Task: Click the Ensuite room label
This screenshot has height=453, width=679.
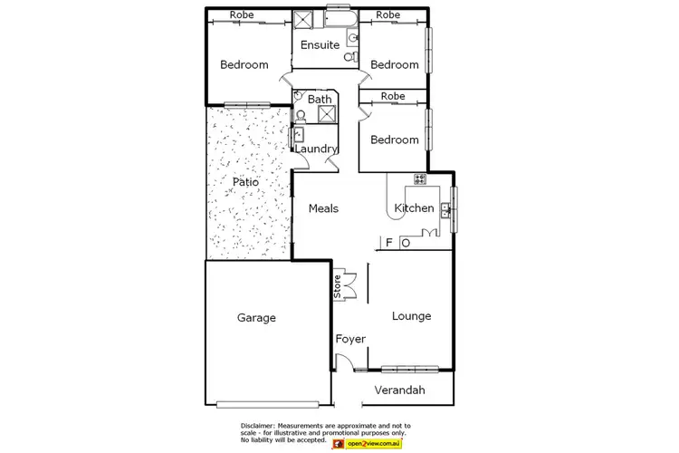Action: tap(320, 44)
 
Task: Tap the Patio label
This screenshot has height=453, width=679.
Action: tap(245, 182)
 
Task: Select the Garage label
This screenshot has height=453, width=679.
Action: tap(256, 318)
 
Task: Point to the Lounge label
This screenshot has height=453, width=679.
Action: tap(411, 316)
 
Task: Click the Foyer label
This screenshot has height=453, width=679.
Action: tap(350, 340)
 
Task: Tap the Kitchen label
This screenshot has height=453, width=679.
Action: tap(414, 209)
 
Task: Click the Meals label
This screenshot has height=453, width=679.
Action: tap(323, 208)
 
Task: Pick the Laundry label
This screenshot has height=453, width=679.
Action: tap(316, 149)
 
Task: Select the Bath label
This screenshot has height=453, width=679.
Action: tap(320, 100)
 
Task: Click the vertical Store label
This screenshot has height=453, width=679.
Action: tap(338, 287)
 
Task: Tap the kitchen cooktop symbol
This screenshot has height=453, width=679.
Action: tap(420, 178)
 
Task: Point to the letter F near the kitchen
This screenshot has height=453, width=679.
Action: tap(389, 243)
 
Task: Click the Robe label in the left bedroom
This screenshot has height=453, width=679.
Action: tap(241, 14)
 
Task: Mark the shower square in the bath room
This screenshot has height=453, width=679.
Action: tap(325, 114)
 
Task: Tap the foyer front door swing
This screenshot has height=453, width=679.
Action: tap(344, 361)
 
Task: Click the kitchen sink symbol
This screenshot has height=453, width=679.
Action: tap(445, 209)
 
